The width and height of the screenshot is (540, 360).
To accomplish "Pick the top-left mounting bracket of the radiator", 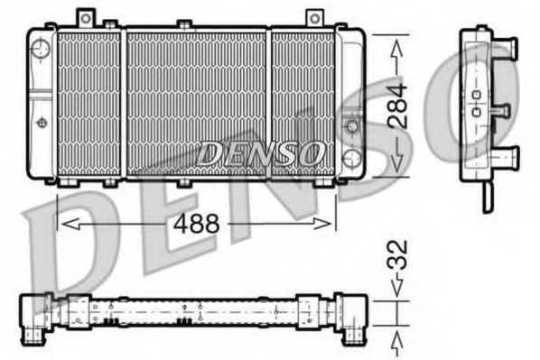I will tap(86, 18).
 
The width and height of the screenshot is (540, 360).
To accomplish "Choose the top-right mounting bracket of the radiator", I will tap(313, 18).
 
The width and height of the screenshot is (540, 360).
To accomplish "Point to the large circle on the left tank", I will tap(41, 51).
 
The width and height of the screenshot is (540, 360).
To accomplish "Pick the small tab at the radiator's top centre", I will tap(183, 23).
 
